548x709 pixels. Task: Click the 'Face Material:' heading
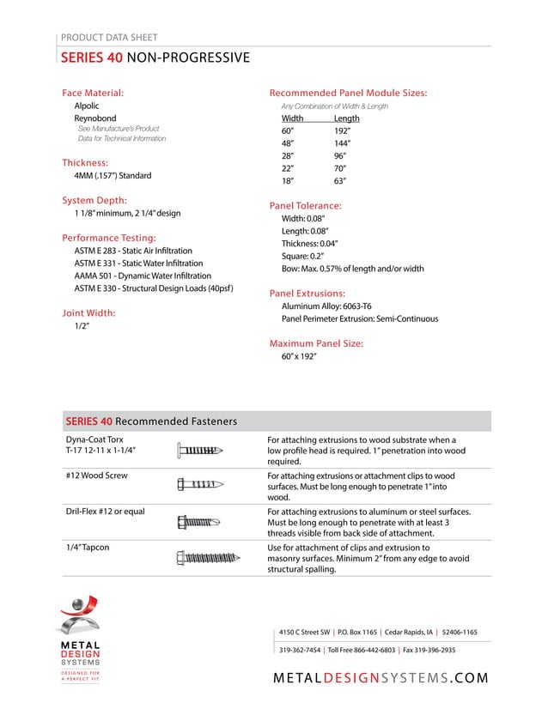(x=93, y=92)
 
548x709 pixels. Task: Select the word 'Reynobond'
(x=95, y=118)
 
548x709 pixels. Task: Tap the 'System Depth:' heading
(x=94, y=200)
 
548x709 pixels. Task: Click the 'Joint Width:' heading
(x=88, y=313)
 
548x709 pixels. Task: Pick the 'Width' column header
(x=293, y=118)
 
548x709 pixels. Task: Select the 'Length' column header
(x=347, y=118)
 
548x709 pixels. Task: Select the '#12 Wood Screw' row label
(x=97, y=475)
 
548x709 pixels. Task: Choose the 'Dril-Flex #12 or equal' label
(x=106, y=512)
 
